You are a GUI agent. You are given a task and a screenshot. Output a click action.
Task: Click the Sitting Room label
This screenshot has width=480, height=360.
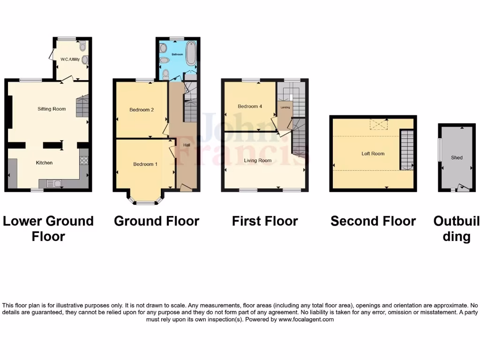coord(52,109)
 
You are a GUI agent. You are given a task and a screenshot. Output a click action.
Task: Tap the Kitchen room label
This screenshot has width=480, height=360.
coord(45,163)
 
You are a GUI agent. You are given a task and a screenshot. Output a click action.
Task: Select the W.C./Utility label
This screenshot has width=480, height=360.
coord(70,59)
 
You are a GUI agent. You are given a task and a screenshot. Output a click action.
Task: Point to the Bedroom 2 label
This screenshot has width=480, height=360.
coord(142,110)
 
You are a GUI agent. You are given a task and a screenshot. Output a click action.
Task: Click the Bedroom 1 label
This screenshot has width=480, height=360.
coord(145,164)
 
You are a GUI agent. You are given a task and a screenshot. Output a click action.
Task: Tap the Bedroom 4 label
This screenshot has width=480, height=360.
coord(250,106)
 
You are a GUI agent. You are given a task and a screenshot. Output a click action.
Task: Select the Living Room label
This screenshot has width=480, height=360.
coord(257,160)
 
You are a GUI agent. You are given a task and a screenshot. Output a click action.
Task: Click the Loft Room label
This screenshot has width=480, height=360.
coord(373,153)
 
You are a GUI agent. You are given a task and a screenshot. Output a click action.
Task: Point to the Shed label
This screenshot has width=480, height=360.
coord(457,157)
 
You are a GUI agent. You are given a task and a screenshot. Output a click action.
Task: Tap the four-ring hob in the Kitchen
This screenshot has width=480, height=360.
coord(84,160)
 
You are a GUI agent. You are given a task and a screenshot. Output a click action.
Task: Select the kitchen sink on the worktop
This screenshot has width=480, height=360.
coord(51,183)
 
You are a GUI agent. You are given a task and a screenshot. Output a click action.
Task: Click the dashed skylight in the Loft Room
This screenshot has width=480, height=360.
coord(379,124)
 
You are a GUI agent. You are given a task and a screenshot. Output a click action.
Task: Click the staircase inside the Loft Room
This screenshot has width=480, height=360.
coord(407,149)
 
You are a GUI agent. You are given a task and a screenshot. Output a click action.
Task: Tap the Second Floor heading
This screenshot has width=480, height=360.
coord(373,221)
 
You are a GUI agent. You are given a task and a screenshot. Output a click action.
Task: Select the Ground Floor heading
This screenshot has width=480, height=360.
coord(157,221)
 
